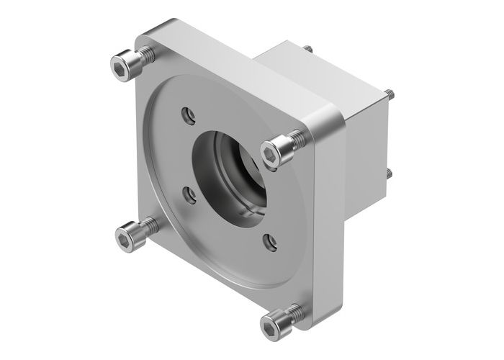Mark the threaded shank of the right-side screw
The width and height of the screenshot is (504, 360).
click(298, 138)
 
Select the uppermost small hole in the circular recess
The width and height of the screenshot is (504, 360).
click(189, 114)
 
